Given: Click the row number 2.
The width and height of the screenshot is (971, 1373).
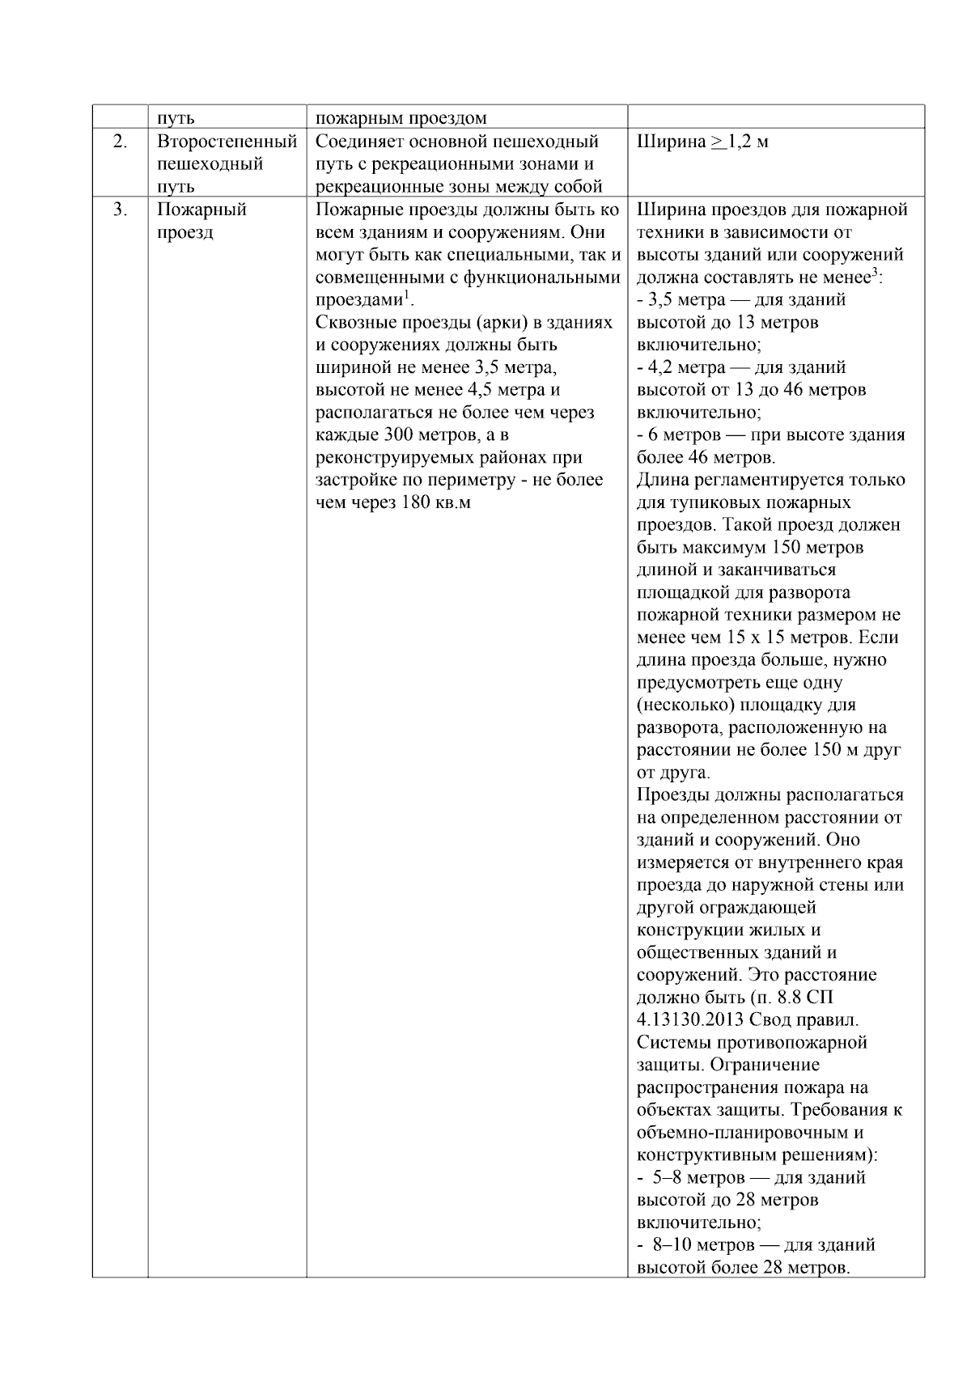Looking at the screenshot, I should (120, 142).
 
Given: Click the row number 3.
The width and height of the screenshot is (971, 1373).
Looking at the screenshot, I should (120, 210).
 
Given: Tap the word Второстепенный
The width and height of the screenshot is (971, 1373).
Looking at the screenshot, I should (227, 142).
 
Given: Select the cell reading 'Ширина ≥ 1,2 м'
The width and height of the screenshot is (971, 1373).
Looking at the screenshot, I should (702, 142).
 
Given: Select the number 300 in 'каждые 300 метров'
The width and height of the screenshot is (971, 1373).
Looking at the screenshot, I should (398, 435).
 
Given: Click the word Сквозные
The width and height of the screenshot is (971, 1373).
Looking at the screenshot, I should (349, 323).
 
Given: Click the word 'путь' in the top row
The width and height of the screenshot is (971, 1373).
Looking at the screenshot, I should (176, 118).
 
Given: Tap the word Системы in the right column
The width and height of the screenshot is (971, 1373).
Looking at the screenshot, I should (672, 1042).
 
